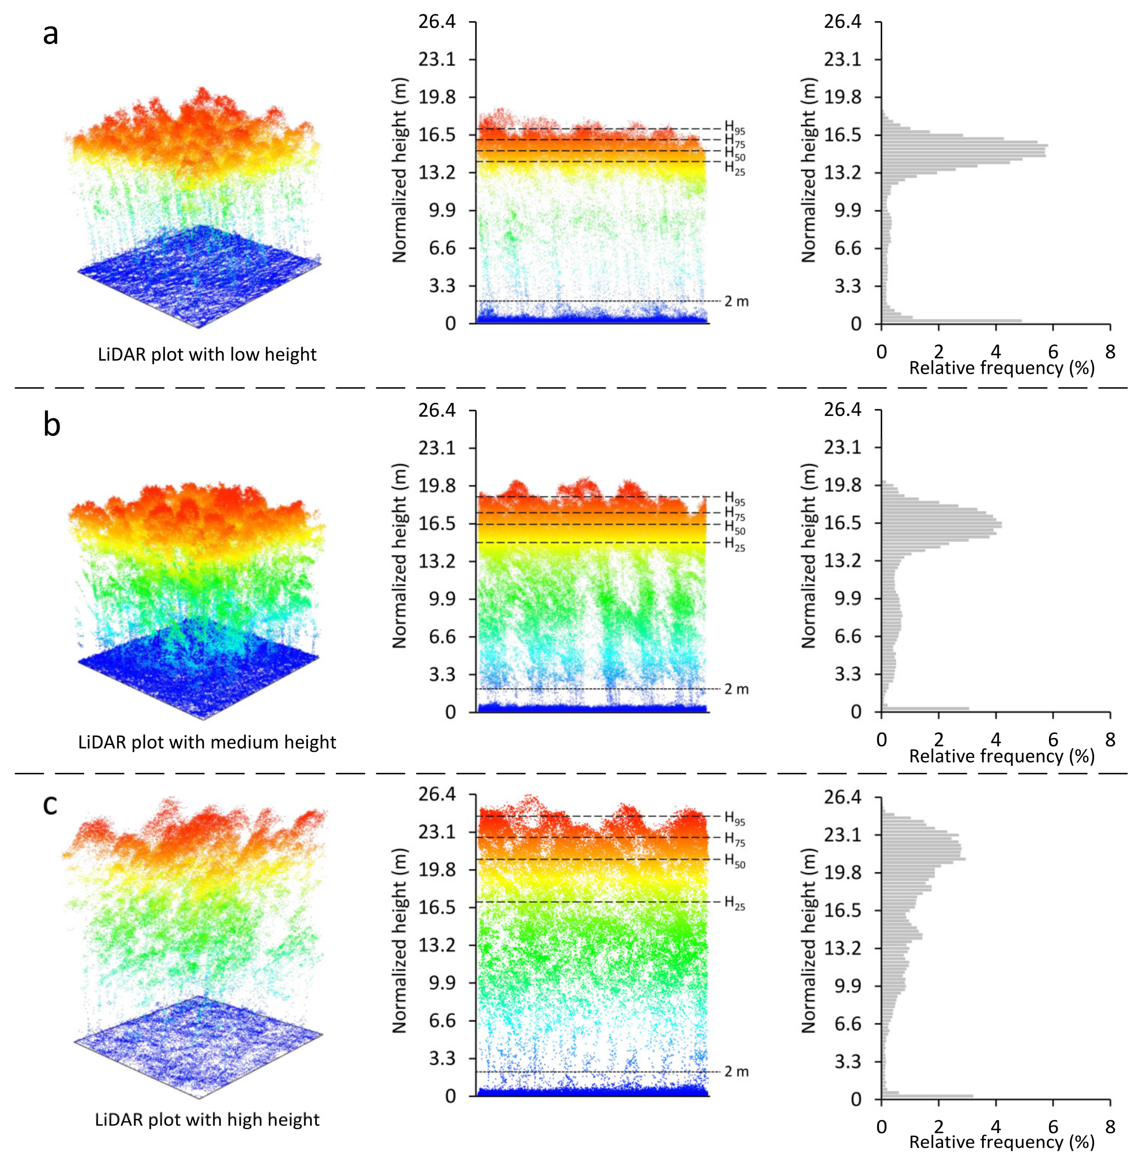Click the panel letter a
(x=51, y=35)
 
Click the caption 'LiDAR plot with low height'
(x=207, y=355)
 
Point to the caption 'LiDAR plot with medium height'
(x=207, y=742)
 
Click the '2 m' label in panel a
(x=736, y=301)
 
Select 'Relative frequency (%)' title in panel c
(x=1001, y=1142)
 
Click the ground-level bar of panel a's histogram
(x=951, y=321)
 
